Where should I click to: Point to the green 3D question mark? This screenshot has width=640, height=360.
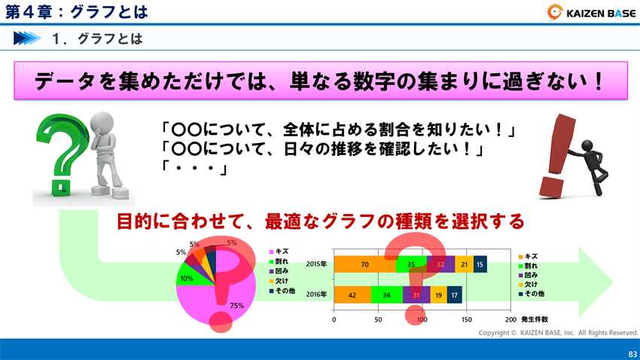[58, 154]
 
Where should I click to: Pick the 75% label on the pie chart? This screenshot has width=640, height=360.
[237, 305]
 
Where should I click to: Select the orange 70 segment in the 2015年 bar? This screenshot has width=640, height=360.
[364, 264]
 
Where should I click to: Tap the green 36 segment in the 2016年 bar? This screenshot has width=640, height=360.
[387, 295]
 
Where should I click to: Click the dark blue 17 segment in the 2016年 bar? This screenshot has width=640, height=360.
[454, 295]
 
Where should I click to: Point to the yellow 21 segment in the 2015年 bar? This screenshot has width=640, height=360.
[464, 264]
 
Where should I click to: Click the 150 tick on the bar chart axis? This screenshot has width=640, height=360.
[467, 319]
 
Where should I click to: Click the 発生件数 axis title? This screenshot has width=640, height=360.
[534, 319]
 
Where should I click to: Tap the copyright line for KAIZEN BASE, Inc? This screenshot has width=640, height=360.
[558, 332]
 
